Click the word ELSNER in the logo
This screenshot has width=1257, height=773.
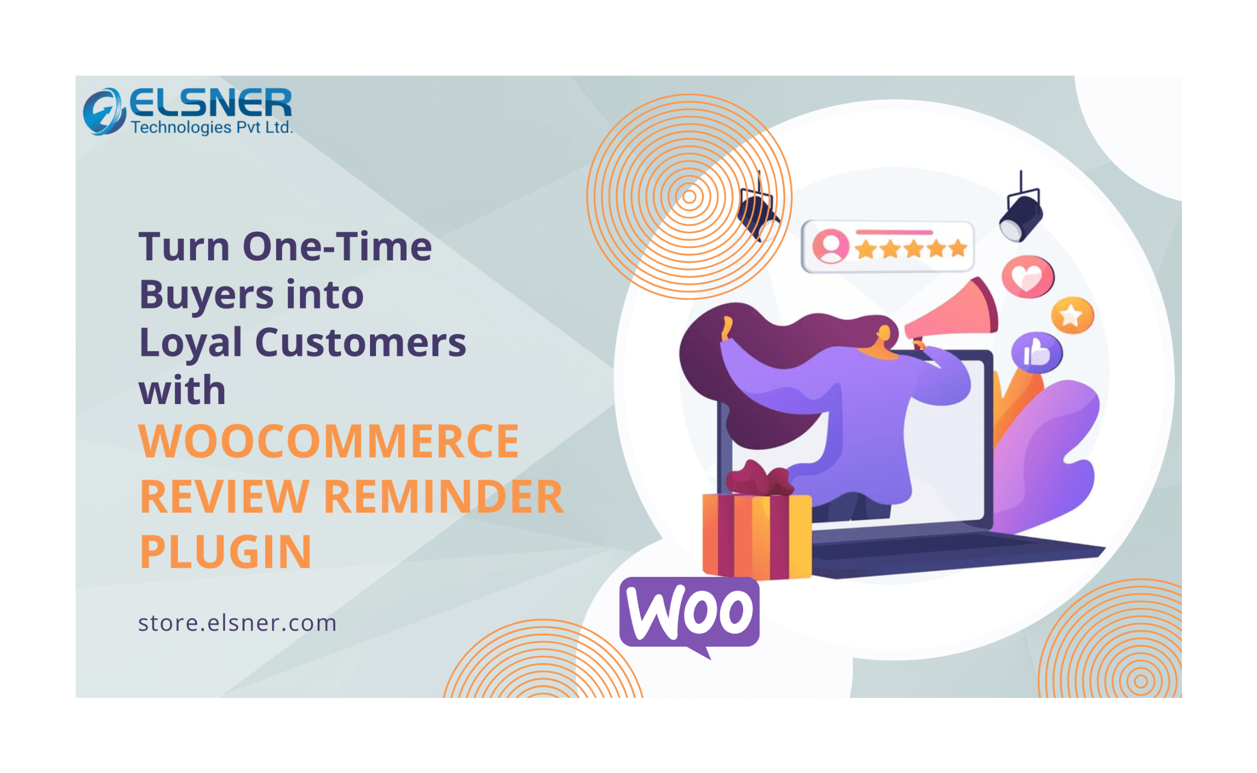211,103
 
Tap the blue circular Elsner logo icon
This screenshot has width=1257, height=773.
104,111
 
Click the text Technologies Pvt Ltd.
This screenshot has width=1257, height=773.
212,127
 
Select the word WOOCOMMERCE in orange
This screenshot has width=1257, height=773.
329,441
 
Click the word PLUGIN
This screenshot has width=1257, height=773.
226,552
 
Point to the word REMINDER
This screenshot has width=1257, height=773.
443,496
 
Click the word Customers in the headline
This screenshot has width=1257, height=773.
360,342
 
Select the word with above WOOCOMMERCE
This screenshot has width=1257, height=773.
182,389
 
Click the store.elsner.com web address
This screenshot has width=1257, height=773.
238,623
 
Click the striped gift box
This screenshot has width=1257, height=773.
757,535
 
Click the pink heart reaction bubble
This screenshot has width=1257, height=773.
1027,277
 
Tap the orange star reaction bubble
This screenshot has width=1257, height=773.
1072,315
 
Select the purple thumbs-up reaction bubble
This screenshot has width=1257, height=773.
1037,353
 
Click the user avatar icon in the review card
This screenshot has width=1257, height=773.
831,246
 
